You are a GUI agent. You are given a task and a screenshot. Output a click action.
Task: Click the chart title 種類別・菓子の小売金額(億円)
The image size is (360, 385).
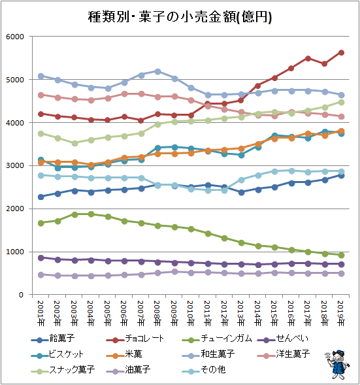click(x=180, y=17)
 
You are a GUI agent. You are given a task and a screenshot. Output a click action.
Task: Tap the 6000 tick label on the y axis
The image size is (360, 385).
click(x=15, y=37)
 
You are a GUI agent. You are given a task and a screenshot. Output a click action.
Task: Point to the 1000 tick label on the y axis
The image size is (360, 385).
click(x=15, y=252)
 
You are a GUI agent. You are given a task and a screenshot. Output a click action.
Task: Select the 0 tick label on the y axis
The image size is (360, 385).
click(x=22, y=295)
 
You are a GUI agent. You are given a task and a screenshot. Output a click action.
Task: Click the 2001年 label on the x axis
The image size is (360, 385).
click(x=41, y=313)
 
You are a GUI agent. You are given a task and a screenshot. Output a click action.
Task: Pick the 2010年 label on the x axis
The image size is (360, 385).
click(x=191, y=313)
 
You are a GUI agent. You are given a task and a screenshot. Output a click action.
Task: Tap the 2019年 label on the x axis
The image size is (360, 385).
click(x=341, y=313)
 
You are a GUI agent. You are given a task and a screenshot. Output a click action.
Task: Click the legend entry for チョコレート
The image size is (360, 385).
click(x=135, y=339)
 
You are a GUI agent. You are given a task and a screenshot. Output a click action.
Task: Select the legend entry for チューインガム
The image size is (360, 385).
click(x=217, y=339)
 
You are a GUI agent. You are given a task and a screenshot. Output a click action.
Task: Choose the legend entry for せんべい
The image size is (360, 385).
click(x=283, y=339)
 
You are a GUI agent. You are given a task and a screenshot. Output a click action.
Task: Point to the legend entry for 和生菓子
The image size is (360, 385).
click(x=208, y=354)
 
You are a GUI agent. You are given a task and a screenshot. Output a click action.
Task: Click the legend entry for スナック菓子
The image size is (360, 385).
click(x=63, y=370)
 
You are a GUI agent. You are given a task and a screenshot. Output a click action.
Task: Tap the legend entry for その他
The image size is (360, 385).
click(x=204, y=370)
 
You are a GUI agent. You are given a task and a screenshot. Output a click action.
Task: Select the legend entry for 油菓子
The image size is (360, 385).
click(x=128, y=370)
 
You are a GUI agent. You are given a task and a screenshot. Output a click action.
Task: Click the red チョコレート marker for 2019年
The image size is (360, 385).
click(x=341, y=53)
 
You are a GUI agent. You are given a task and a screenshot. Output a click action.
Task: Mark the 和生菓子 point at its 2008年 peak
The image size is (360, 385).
click(x=158, y=72)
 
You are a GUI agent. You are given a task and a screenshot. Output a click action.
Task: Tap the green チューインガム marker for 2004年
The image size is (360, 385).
click(x=91, y=214)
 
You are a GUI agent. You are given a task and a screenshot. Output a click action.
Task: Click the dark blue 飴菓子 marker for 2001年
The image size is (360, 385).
click(x=41, y=197)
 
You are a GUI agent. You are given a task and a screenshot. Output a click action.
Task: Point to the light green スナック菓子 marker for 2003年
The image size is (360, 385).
click(x=74, y=143)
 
